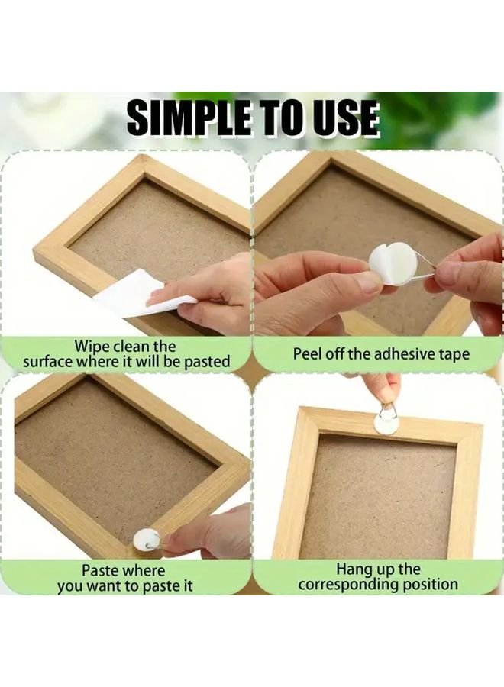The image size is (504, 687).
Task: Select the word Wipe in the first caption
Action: point(92,347)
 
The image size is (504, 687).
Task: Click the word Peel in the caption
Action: point(308,354)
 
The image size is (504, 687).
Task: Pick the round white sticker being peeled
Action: point(393,263)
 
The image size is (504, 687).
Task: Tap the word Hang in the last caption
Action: point(354,569)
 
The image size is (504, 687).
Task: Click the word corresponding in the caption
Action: point(349,585)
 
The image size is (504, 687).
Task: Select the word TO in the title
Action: point(276,118)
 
